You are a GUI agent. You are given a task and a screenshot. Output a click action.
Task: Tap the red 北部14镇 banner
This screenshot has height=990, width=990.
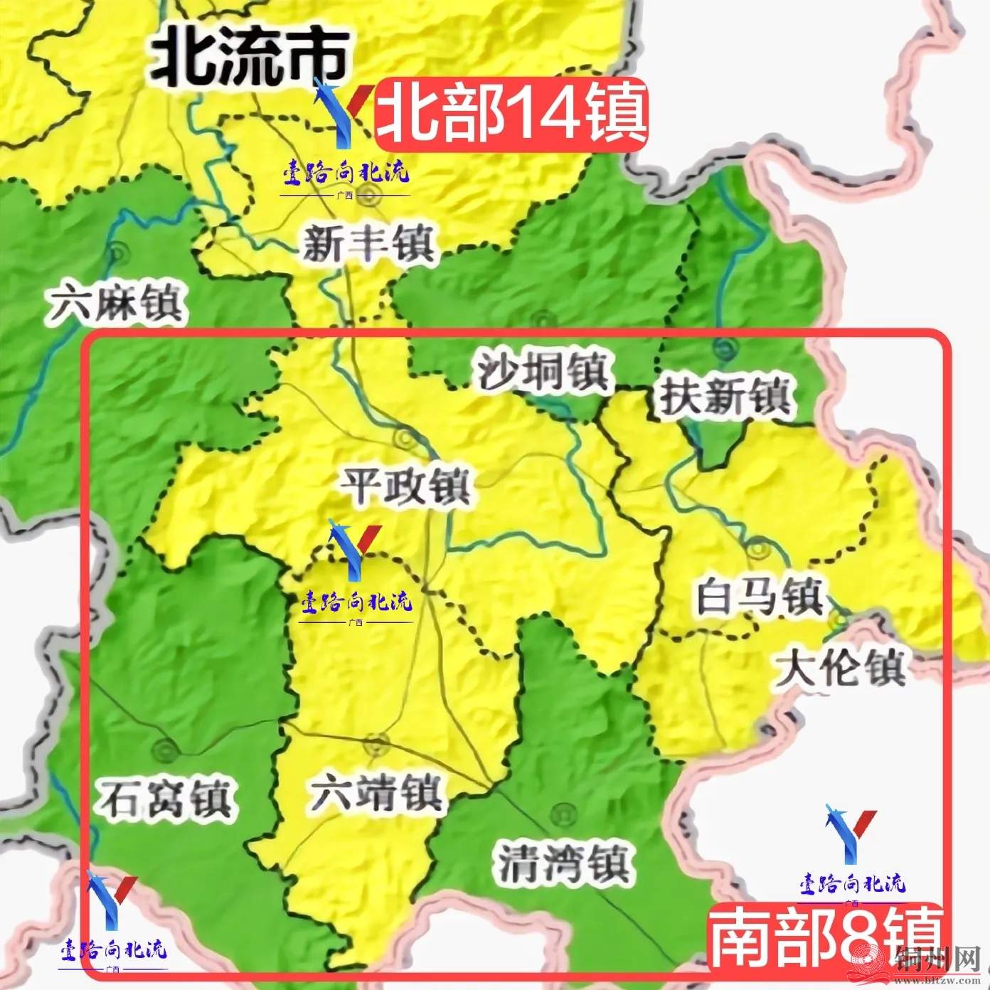511,114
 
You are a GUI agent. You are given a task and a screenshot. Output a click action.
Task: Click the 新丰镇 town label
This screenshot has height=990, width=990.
368,244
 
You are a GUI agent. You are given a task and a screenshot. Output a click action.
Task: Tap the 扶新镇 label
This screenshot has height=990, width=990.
725,396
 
